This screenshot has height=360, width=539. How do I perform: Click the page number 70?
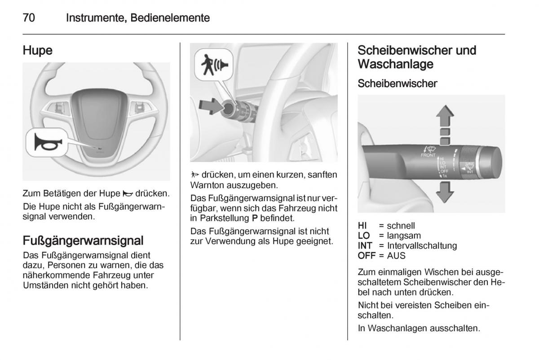29,18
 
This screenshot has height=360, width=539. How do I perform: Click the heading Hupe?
38,51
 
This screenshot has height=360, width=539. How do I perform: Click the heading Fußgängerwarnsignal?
83,241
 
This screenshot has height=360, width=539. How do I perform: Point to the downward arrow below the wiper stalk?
445,193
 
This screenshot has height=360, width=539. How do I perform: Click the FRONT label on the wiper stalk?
428,155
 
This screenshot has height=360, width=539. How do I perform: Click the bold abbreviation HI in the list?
362,226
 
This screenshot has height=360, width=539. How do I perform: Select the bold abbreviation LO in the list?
364,236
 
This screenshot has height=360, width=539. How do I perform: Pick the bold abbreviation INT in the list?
365,246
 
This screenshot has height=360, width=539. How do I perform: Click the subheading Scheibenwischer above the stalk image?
397,83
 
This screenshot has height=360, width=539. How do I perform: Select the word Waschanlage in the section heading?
395,64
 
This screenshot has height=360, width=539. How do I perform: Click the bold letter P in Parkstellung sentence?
255,218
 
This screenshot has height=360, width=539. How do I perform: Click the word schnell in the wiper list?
401,226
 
